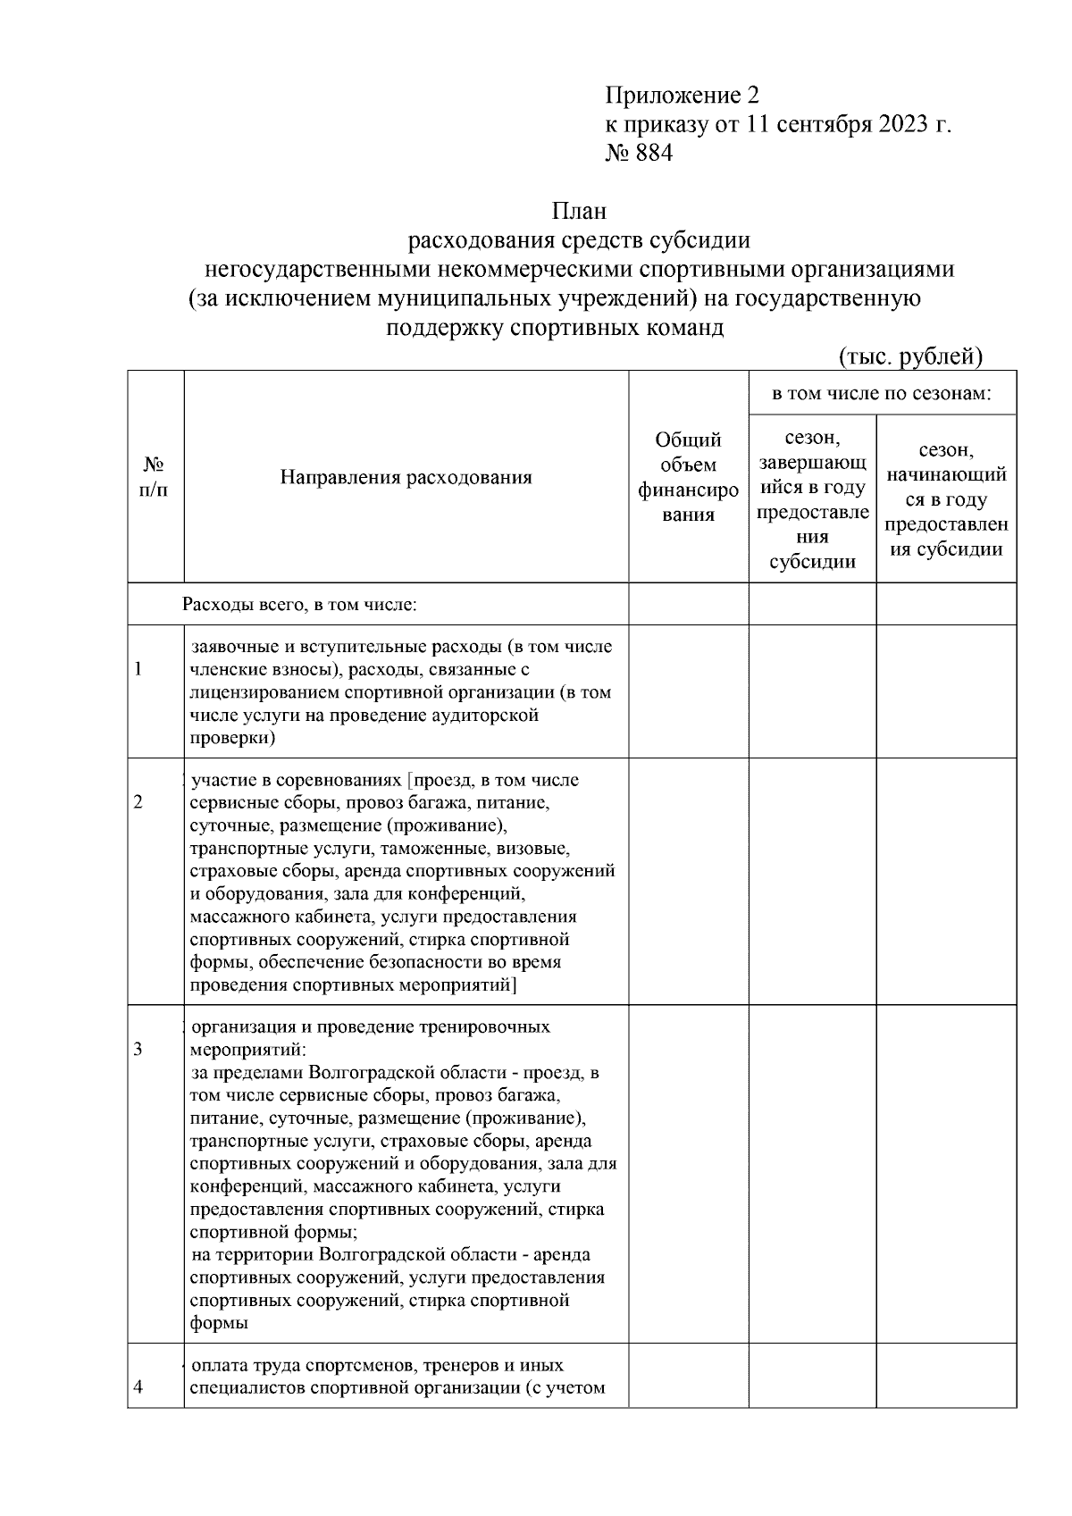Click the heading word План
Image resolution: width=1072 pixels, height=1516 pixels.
click(578, 212)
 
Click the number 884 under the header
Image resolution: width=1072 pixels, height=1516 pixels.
click(653, 154)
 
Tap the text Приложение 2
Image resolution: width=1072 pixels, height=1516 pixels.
click(682, 96)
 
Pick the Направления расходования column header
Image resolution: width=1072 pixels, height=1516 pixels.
click(406, 477)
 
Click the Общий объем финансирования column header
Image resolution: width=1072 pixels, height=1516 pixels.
click(688, 477)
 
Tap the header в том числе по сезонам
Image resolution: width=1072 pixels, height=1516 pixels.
click(882, 393)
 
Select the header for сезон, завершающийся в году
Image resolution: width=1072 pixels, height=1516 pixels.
click(812, 499)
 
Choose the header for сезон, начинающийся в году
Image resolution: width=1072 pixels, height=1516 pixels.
click(946, 499)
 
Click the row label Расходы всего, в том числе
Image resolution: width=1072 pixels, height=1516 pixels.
click(300, 605)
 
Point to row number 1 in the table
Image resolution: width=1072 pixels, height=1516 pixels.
click(138, 669)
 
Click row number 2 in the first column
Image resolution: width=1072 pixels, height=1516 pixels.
click(138, 802)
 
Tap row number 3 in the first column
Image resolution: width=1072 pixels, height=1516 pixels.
click(138, 1049)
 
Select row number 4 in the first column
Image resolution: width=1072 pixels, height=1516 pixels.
click(138, 1387)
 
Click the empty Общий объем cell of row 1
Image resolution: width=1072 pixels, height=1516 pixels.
click(688, 691)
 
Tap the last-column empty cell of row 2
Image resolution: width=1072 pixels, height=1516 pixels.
click(946, 881)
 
